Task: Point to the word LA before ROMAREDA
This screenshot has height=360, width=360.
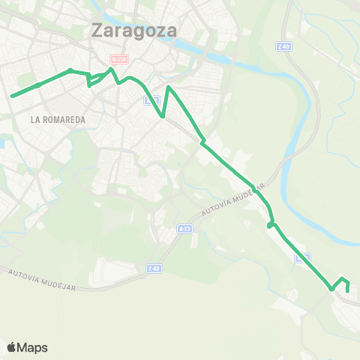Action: pyautogui.click(x=35, y=119)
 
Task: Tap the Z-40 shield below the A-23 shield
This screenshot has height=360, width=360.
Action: pyautogui.click(x=154, y=268)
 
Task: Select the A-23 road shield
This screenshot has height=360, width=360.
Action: pyautogui.click(x=185, y=228)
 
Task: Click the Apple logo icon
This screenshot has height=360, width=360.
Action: pyautogui.click(x=11, y=347)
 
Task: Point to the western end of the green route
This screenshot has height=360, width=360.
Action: pyautogui.click(x=11, y=96)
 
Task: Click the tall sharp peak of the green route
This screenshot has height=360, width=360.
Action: pyautogui.click(x=169, y=88)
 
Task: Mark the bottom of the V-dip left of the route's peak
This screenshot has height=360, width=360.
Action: pyautogui.click(x=163, y=116)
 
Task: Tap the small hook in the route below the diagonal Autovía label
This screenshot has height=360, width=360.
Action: pyautogui.click(x=270, y=225)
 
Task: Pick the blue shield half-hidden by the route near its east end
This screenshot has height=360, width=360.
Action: pyautogui.click(x=302, y=258)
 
